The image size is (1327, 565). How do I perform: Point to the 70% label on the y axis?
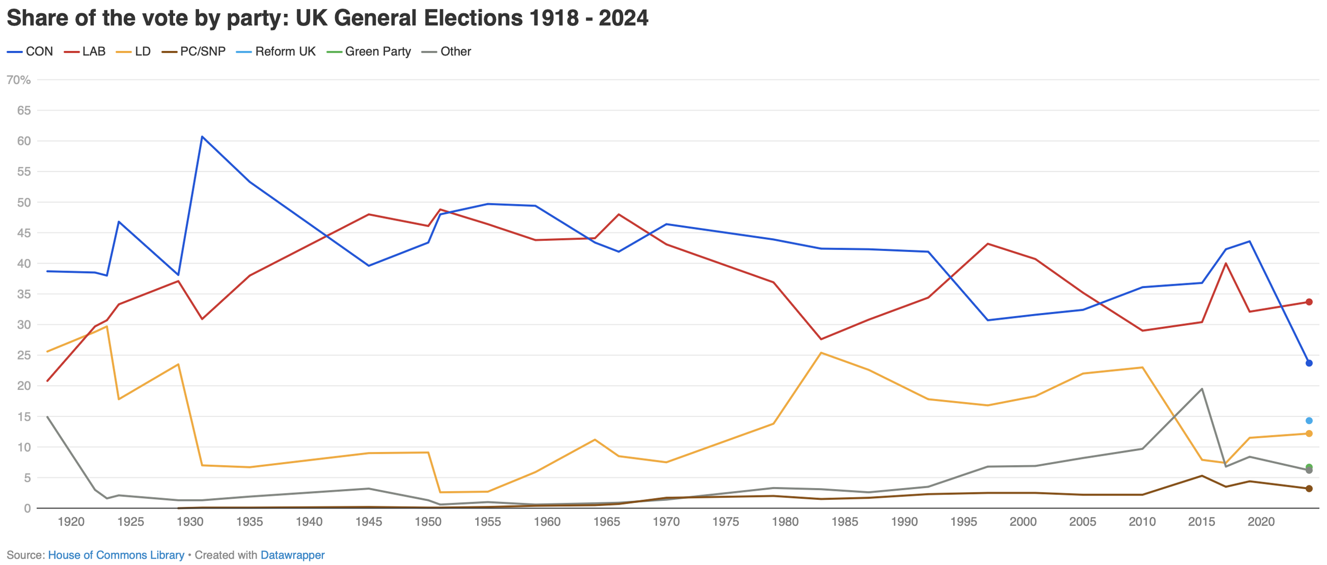pyautogui.click(x=19, y=80)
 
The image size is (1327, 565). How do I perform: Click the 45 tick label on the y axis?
pyautogui.click(x=24, y=233)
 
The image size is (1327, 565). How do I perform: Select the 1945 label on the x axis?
pyautogui.click(x=368, y=522)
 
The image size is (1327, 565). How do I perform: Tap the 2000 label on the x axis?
pyautogui.click(x=1023, y=522)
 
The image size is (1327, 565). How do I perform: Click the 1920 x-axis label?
pyautogui.click(x=71, y=522)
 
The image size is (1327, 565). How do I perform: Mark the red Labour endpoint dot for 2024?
pyautogui.click(x=1309, y=302)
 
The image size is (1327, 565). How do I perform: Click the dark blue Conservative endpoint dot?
pyautogui.click(x=1309, y=363)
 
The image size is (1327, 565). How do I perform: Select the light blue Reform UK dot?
pyautogui.click(x=1309, y=421)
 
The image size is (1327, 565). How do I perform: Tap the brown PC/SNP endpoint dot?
pyautogui.click(x=1309, y=489)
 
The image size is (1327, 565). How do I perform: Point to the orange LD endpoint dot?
pyautogui.click(x=1309, y=433)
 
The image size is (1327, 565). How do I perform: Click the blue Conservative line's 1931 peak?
pyautogui.click(x=202, y=137)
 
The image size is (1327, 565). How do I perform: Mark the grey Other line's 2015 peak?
pyautogui.click(x=1202, y=389)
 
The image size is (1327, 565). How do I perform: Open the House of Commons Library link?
pyautogui.click(x=116, y=555)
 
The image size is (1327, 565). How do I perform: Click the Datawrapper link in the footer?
pyautogui.click(x=292, y=555)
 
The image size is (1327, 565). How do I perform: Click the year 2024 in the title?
pyautogui.click(x=623, y=18)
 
